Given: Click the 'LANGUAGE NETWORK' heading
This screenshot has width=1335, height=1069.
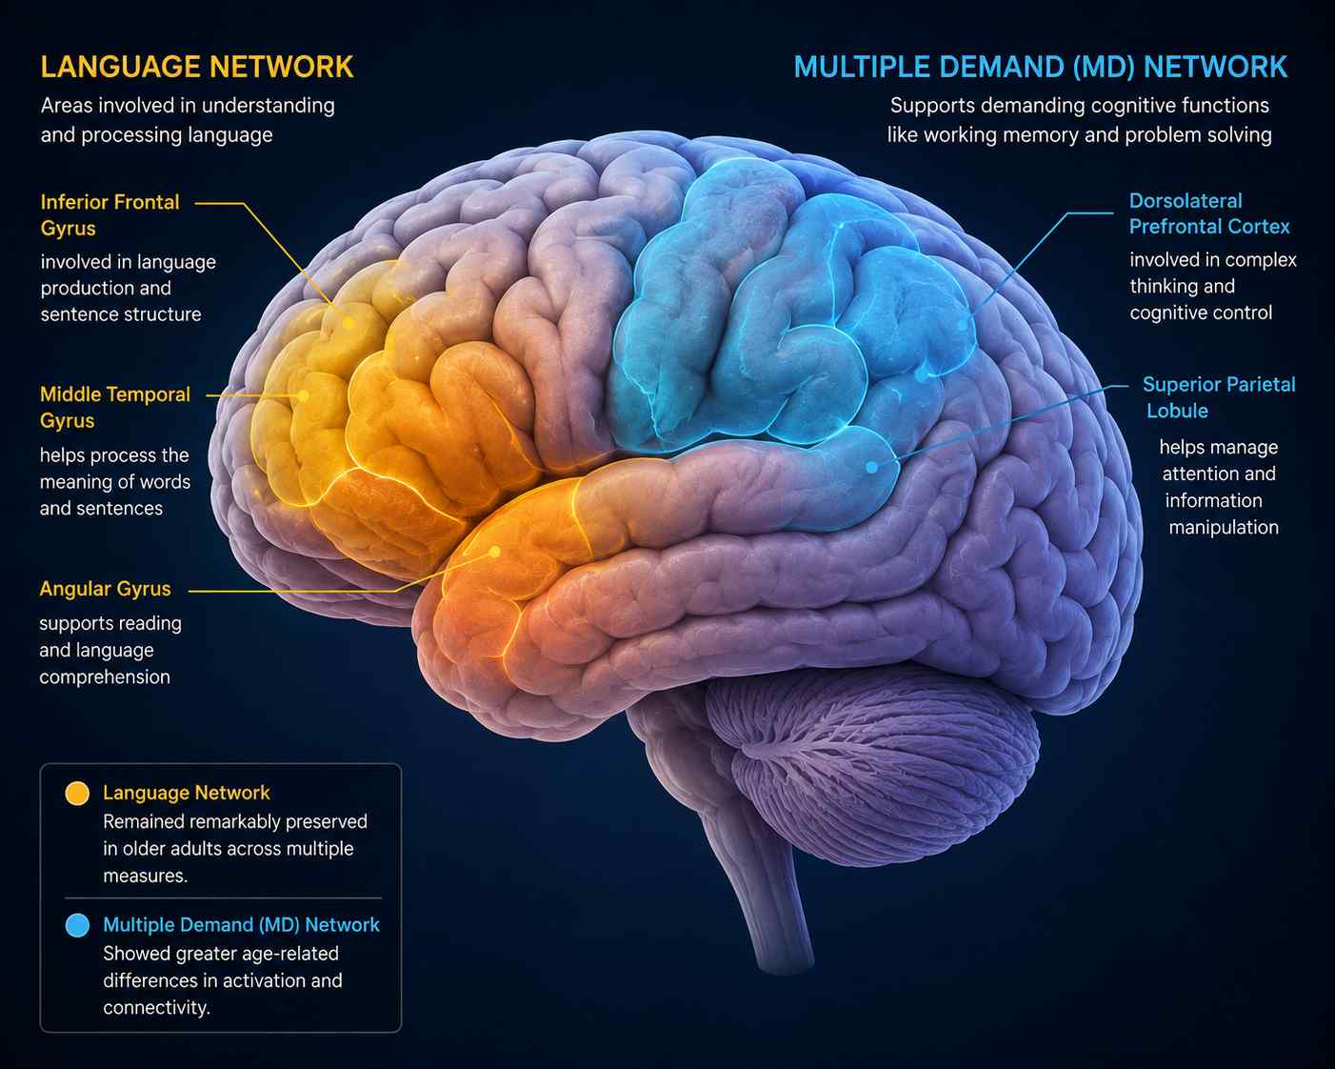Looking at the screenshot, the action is point(197,67).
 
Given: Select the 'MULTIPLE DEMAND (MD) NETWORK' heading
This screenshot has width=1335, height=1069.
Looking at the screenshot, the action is point(1041,67).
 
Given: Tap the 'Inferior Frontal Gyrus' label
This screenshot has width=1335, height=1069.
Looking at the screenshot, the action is point(110,214).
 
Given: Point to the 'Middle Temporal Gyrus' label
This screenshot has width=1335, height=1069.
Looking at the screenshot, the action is point(115,407).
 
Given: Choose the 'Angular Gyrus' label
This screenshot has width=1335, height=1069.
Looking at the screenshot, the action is point(105,589).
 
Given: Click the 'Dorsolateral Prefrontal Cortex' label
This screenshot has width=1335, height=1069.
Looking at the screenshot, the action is point(1209,213).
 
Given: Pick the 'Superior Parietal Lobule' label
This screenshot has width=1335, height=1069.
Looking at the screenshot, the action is point(1219,397).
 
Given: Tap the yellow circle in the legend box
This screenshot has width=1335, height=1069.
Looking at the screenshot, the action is point(77,794).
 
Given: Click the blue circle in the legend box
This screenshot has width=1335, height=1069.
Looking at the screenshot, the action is point(77,925).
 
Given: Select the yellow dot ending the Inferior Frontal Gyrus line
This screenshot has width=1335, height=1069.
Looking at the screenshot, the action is point(349,323).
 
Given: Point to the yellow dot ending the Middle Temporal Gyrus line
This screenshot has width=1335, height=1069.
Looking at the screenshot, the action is point(304,395).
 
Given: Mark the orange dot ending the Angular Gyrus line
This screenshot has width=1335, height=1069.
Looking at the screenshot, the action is point(494,552).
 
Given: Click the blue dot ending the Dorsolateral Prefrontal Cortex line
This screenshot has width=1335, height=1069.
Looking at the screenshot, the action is point(963,325).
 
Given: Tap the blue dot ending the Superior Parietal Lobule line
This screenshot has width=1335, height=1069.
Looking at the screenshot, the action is point(871,467).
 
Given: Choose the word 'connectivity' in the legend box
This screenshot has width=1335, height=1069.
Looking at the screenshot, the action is point(155,1007).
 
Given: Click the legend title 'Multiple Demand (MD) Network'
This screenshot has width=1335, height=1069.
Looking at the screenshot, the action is point(241,925).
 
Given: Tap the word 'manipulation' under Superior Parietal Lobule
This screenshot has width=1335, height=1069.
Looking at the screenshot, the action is point(1224,528).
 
